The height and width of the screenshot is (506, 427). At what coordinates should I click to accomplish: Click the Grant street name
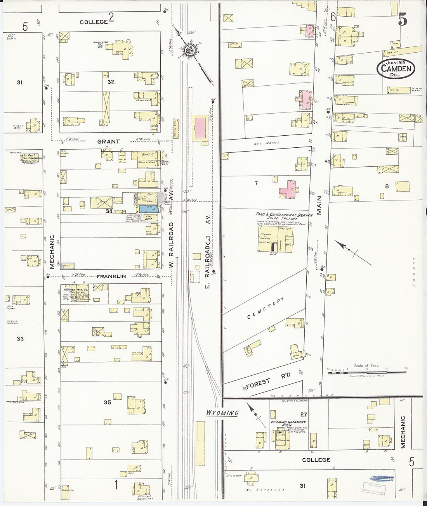click(x=108, y=142)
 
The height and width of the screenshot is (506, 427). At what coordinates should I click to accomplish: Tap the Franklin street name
click(x=111, y=276)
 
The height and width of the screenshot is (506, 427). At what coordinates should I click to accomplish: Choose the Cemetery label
click(x=266, y=309)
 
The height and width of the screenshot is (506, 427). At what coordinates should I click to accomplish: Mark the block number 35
click(x=107, y=402)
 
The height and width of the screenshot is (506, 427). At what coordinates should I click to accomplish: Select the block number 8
click(x=387, y=186)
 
